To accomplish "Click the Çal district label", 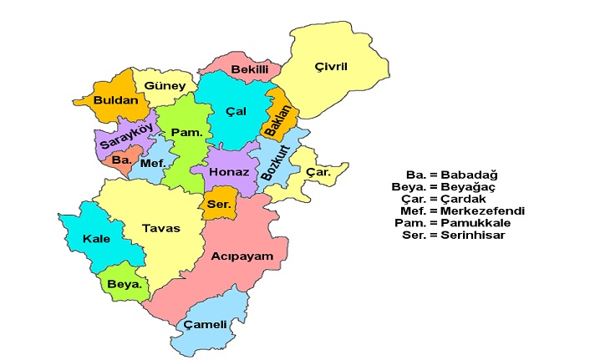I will (236, 112).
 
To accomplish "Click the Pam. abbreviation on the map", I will (183, 133).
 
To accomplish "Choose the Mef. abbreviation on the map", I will (153, 164).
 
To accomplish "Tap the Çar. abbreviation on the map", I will (318, 173).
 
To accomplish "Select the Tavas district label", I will (160, 227).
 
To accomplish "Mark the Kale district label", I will (97, 239).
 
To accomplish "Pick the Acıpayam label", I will (242, 256).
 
